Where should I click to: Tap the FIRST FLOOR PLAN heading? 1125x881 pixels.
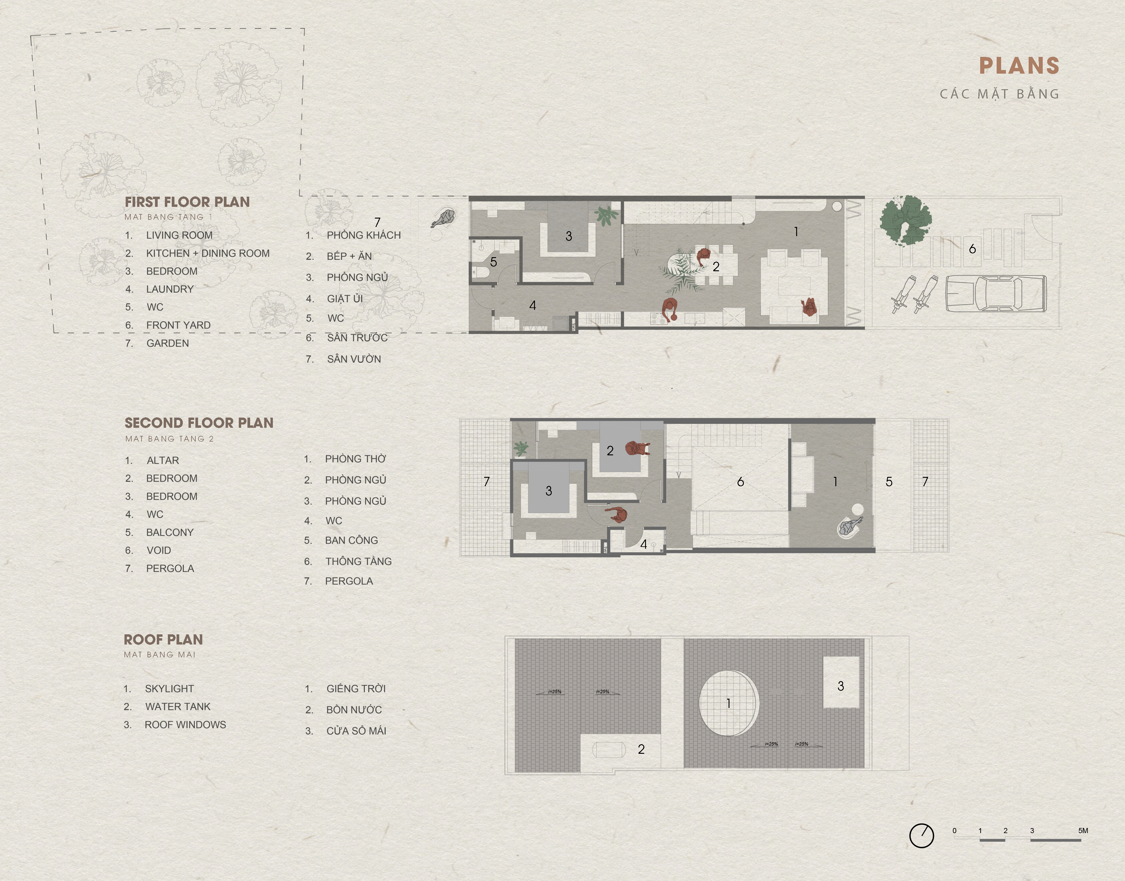[187, 202]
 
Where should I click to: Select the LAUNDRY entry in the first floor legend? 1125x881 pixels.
[170, 289]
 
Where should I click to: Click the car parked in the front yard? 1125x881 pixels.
[996, 293]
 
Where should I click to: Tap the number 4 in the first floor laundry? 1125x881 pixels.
[533, 305]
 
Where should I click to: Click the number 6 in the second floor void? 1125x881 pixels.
[741, 482]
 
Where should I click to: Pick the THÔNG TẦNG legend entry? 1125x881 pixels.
[358, 561]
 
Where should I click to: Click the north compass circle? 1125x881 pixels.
[921, 835]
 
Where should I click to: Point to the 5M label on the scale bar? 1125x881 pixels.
[1083, 830]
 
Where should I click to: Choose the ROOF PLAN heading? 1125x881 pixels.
[163, 640]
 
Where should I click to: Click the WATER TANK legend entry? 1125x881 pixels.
[178, 707]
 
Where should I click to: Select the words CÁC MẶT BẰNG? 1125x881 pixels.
[999, 94]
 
